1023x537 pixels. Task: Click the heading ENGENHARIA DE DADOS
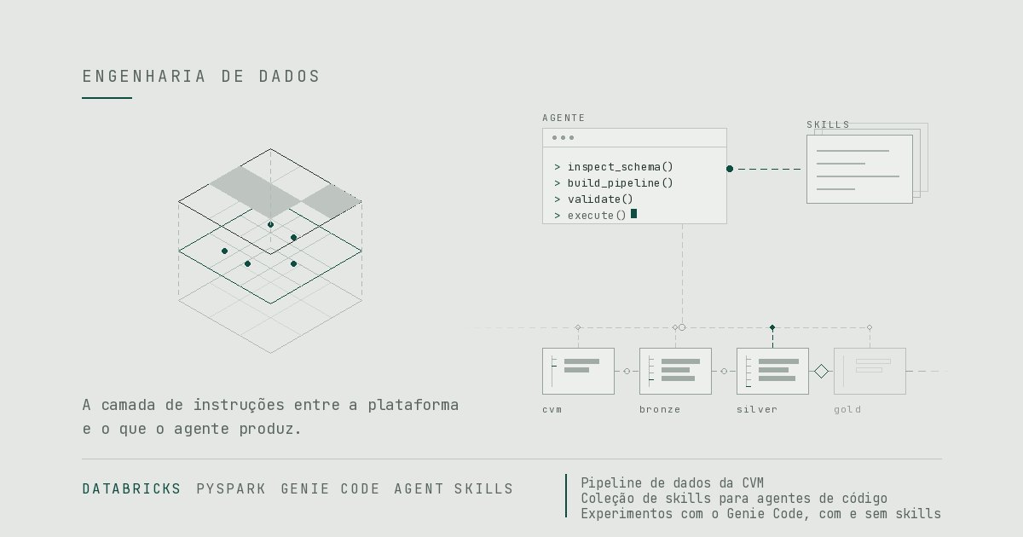coord(201,76)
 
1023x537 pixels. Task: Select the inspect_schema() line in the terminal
coord(614,167)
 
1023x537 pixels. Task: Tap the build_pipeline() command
coord(614,183)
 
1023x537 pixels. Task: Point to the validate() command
coord(593,199)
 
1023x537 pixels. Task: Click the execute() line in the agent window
coord(590,216)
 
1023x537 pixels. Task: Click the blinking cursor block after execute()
coord(633,214)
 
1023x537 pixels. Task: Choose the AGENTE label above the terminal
coord(564,118)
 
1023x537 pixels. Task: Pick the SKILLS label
coord(828,124)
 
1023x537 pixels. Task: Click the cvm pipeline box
coord(578,372)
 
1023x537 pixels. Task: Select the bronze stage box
coord(675,372)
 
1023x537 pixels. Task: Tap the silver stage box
coord(772,372)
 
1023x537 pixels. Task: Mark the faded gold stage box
coord(870,372)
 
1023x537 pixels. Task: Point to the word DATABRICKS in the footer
coord(131,489)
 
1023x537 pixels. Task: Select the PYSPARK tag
coord(231,489)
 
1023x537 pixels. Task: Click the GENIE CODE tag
coord(330,489)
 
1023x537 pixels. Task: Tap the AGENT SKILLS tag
coord(454,489)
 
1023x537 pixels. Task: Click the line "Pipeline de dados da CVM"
coord(673,483)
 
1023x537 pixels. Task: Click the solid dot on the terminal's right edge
coord(730,169)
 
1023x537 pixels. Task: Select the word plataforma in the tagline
coord(413,406)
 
